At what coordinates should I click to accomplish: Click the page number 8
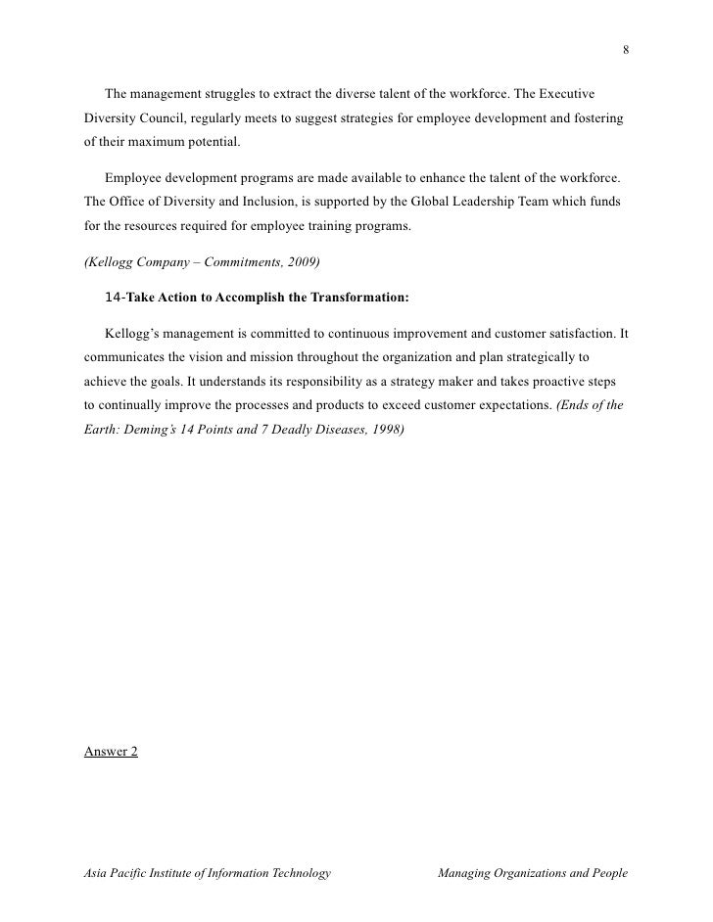tap(625, 51)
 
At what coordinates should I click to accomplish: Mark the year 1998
tap(385, 432)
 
